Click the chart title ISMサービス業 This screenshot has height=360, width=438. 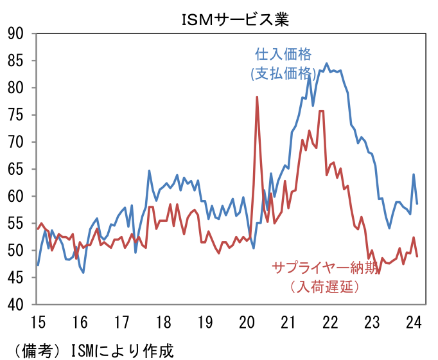coord(236,20)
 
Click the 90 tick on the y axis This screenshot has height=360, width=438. coord(17,33)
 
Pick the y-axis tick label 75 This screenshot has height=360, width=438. coord(17,114)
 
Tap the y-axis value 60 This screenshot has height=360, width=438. coord(17,196)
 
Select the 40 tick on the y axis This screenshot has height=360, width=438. coord(17,304)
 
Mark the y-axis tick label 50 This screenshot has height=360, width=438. coord(17,250)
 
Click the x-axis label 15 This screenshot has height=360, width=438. coord(38,321)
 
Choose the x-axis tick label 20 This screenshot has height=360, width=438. coord(247,321)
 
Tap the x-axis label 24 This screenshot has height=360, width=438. coord(414,321)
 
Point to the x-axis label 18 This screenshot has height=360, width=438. coord(163,321)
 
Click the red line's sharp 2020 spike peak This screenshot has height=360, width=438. coord(257,97)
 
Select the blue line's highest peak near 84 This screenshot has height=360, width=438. coord(326,64)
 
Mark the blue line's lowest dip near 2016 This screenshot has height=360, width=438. coord(83,273)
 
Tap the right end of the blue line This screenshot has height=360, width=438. coord(417,204)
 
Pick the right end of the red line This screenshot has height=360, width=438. coord(417,256)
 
